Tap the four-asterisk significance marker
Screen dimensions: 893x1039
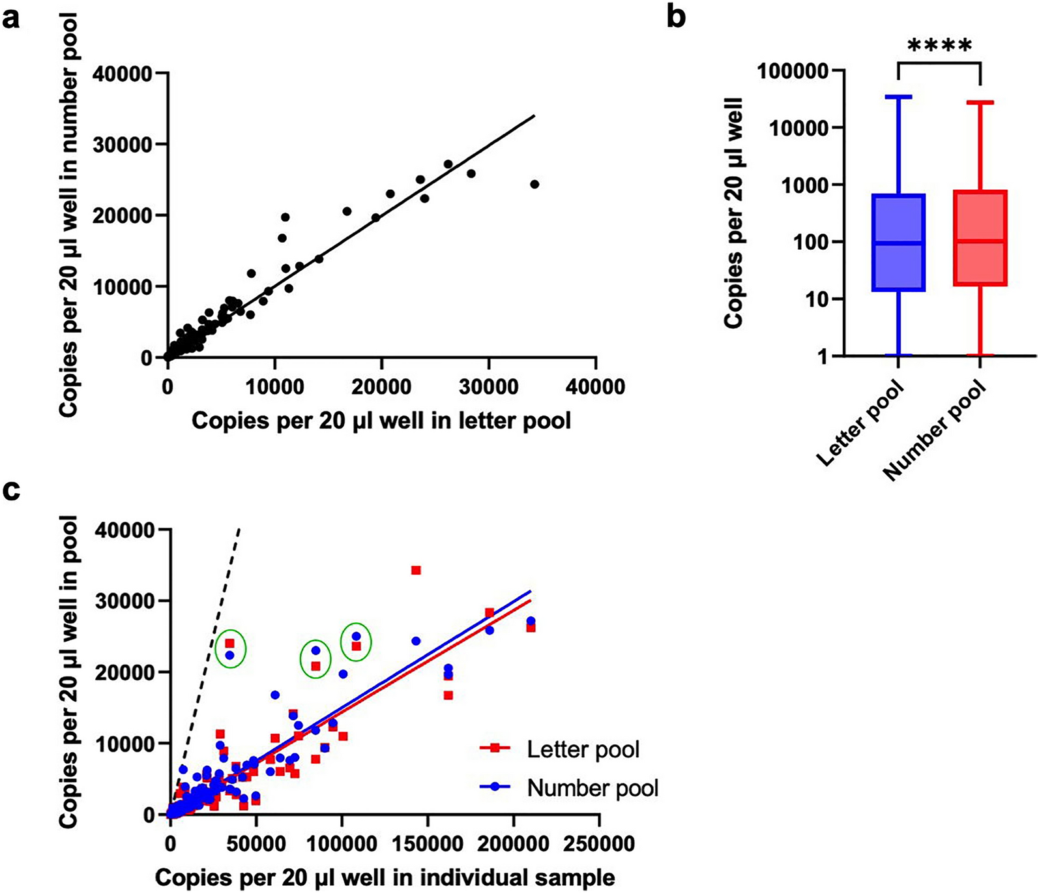(x=939, y=46)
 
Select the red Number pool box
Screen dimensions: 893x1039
(x=981, y=238)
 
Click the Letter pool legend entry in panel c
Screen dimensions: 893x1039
(x=583, y=749)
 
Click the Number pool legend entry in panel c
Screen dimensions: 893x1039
(x=592, y=788)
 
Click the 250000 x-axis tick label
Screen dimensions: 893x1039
(x=599, y=844)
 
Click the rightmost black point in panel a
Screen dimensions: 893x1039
(x=534, y=184)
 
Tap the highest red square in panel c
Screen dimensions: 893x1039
(x=416, y=570)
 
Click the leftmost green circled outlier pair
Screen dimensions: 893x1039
(x=230, y=648)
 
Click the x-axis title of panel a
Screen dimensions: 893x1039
(x=381, y=420)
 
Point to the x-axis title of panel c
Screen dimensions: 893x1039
(x=385, y=877)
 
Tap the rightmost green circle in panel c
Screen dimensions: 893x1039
(x=356, y=642)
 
